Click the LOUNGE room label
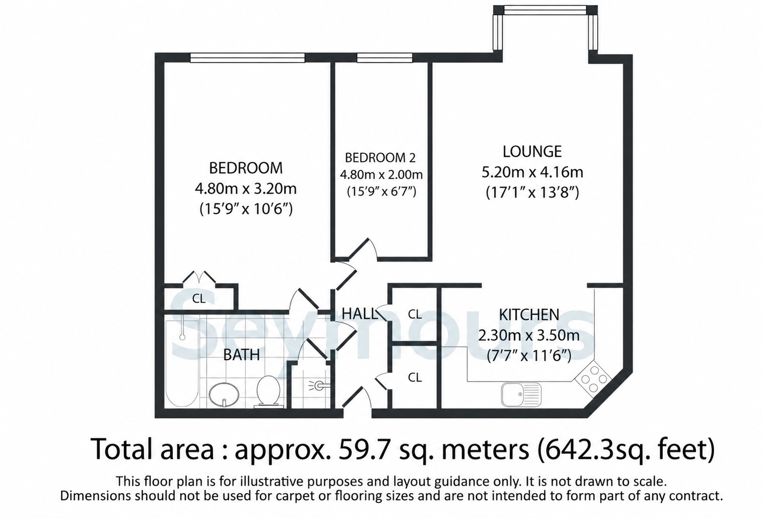coord(532,152)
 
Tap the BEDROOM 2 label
coord(380,158)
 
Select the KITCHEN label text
coord(529,315)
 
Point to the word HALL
coord(359,314)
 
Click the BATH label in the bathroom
coord(241,355)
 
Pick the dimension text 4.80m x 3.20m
coord(245,188)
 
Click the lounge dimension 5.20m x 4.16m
coord(533,172)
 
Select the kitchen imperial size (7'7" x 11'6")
coord(529,356)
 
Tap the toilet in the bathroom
coord(269,391)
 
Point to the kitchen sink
coord(521,394)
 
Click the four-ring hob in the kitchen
coord(593,378)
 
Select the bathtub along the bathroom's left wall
coord(182,363)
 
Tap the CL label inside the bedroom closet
coord(199,299)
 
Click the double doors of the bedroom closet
coord(199,277)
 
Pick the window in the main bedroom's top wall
coord(247,58)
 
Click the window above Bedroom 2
coord(384,58)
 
